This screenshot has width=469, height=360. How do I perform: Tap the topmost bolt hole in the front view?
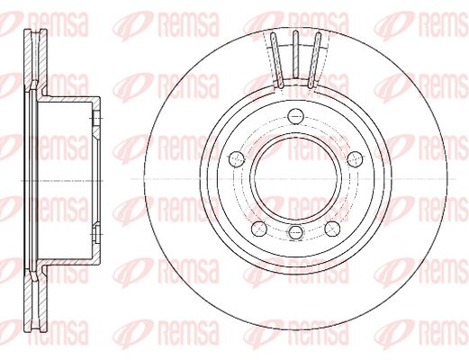tap(295, 116)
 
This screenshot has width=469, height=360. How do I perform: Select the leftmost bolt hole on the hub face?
tap(237, 159)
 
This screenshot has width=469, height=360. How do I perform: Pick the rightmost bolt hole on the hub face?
tap(355, 158)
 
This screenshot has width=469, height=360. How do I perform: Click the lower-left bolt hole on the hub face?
tap(259, 229)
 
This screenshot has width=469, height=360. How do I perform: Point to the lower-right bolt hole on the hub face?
tap(332, 229)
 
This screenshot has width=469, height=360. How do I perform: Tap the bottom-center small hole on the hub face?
tap(295, 231)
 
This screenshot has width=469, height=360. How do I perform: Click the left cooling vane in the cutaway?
tap(276, 60)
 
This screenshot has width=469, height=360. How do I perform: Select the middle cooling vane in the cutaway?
tap(295, 55)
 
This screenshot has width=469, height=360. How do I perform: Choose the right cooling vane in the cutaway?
tap(314, 60)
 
